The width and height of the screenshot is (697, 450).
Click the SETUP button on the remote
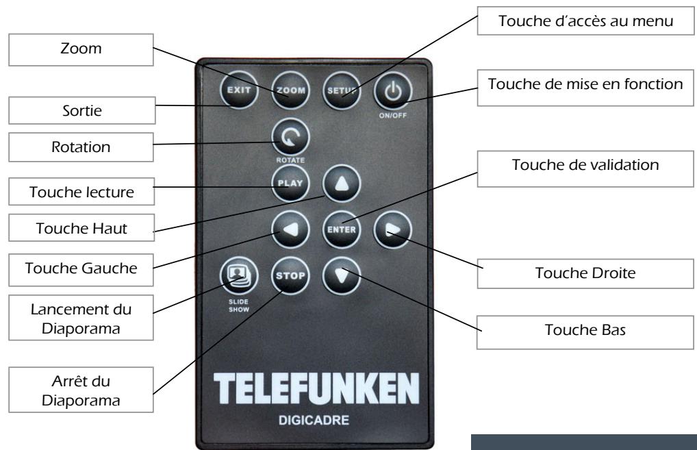tap(340, 90)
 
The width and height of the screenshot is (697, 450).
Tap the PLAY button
tap(290, 183)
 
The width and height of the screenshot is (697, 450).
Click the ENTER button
tap(340, 229)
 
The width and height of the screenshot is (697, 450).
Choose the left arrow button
tap(290, 229)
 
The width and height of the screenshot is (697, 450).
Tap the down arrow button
tap(340, 276)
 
